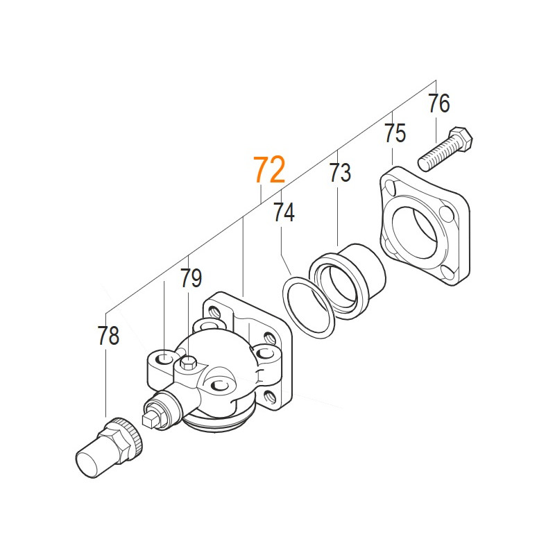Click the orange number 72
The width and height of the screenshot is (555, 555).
[269, 170]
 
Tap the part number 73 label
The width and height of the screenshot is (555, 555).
[340, 173]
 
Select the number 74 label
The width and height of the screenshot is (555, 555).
[284, 212]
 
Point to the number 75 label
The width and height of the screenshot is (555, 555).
[395, 133]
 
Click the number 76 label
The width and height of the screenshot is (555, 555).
[438, 104]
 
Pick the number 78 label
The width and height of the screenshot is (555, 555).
[108, 336]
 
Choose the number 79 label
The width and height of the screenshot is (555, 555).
[191, 279]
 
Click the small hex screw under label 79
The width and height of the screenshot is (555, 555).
[188, 362]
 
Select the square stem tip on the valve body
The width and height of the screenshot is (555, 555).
[148, 418]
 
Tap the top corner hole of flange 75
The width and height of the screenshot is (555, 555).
[392, 185]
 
